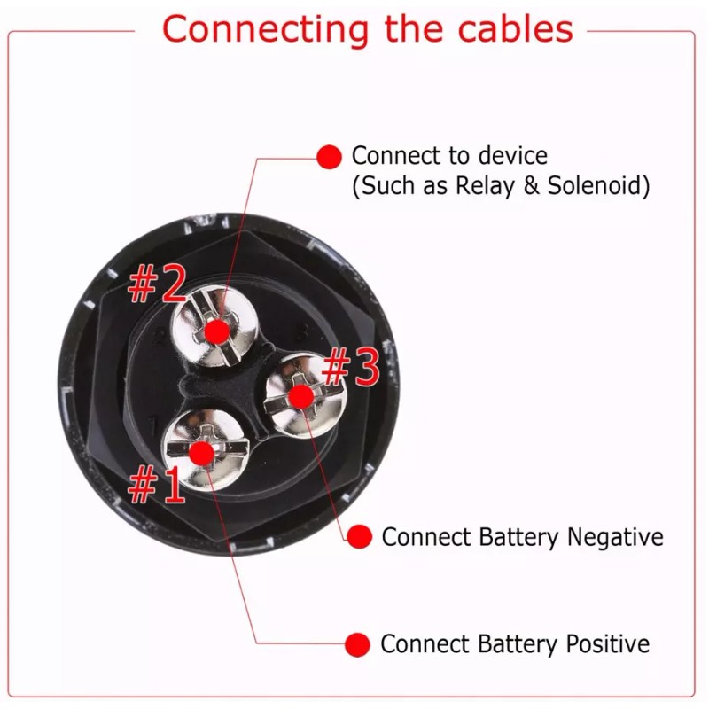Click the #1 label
click(157, 486)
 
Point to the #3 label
click(351, 369)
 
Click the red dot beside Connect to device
click(329, 157)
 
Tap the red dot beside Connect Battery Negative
click(359, 537)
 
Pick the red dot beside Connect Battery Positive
click(358, 644)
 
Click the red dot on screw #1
click(202, 454)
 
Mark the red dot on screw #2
click(216, 332)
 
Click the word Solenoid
click(596, 187)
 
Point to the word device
click(512, 156)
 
